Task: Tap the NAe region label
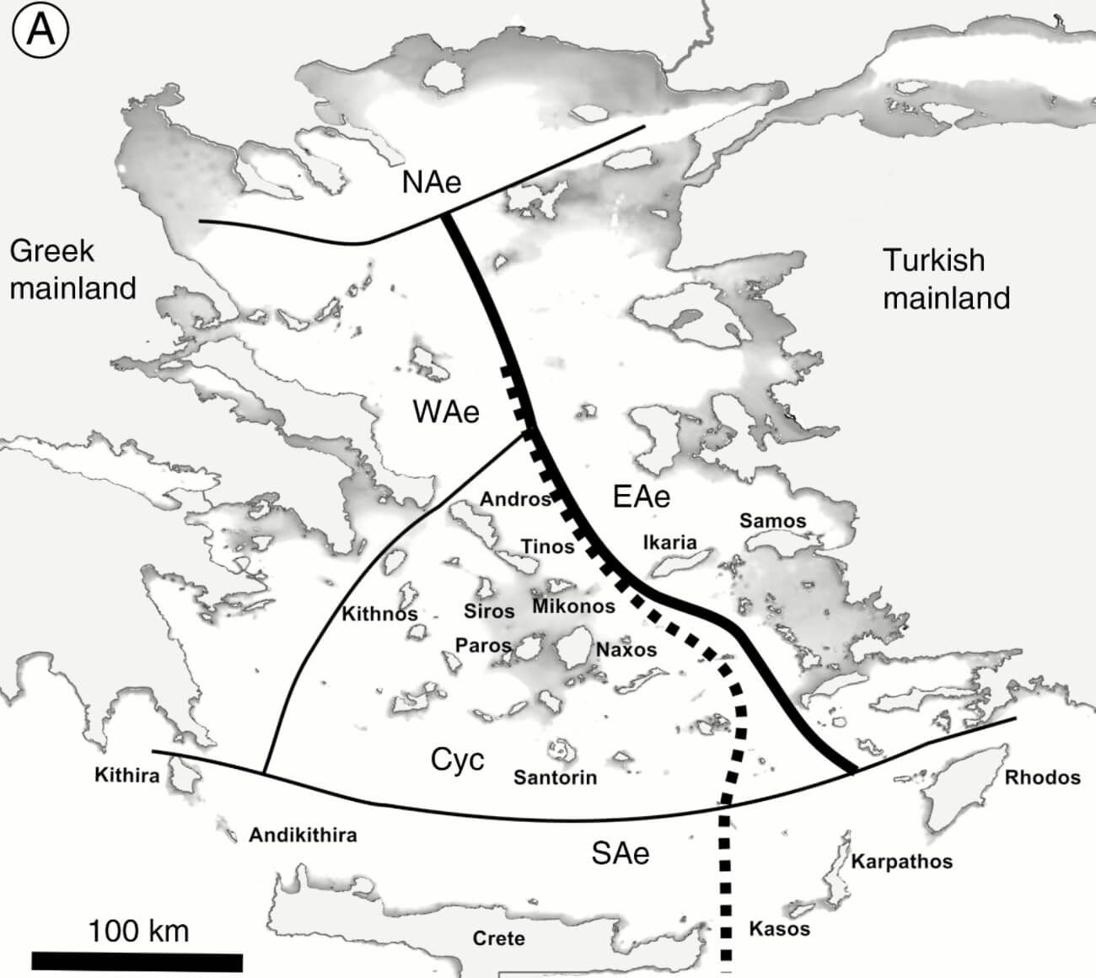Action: (431, 181)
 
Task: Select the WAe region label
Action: (446, 411)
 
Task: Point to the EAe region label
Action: (642, 497)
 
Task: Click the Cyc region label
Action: (458, 760)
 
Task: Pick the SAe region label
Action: (621, 853)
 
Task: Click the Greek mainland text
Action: (73, 269)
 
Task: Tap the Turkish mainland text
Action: (946, 278)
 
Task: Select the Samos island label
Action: (772, 521)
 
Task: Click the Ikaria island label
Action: (669, 542)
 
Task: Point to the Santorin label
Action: (555, 777)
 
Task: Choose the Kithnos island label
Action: (379, 614)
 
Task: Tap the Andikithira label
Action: (303, 836)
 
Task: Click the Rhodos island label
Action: (1042, 777)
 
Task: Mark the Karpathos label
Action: (901, 862)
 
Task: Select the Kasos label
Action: (779, 929)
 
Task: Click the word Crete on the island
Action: (498, 938)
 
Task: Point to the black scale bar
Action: (137, 961)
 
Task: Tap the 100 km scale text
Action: (138, 931)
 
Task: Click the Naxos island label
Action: (626, 650)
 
